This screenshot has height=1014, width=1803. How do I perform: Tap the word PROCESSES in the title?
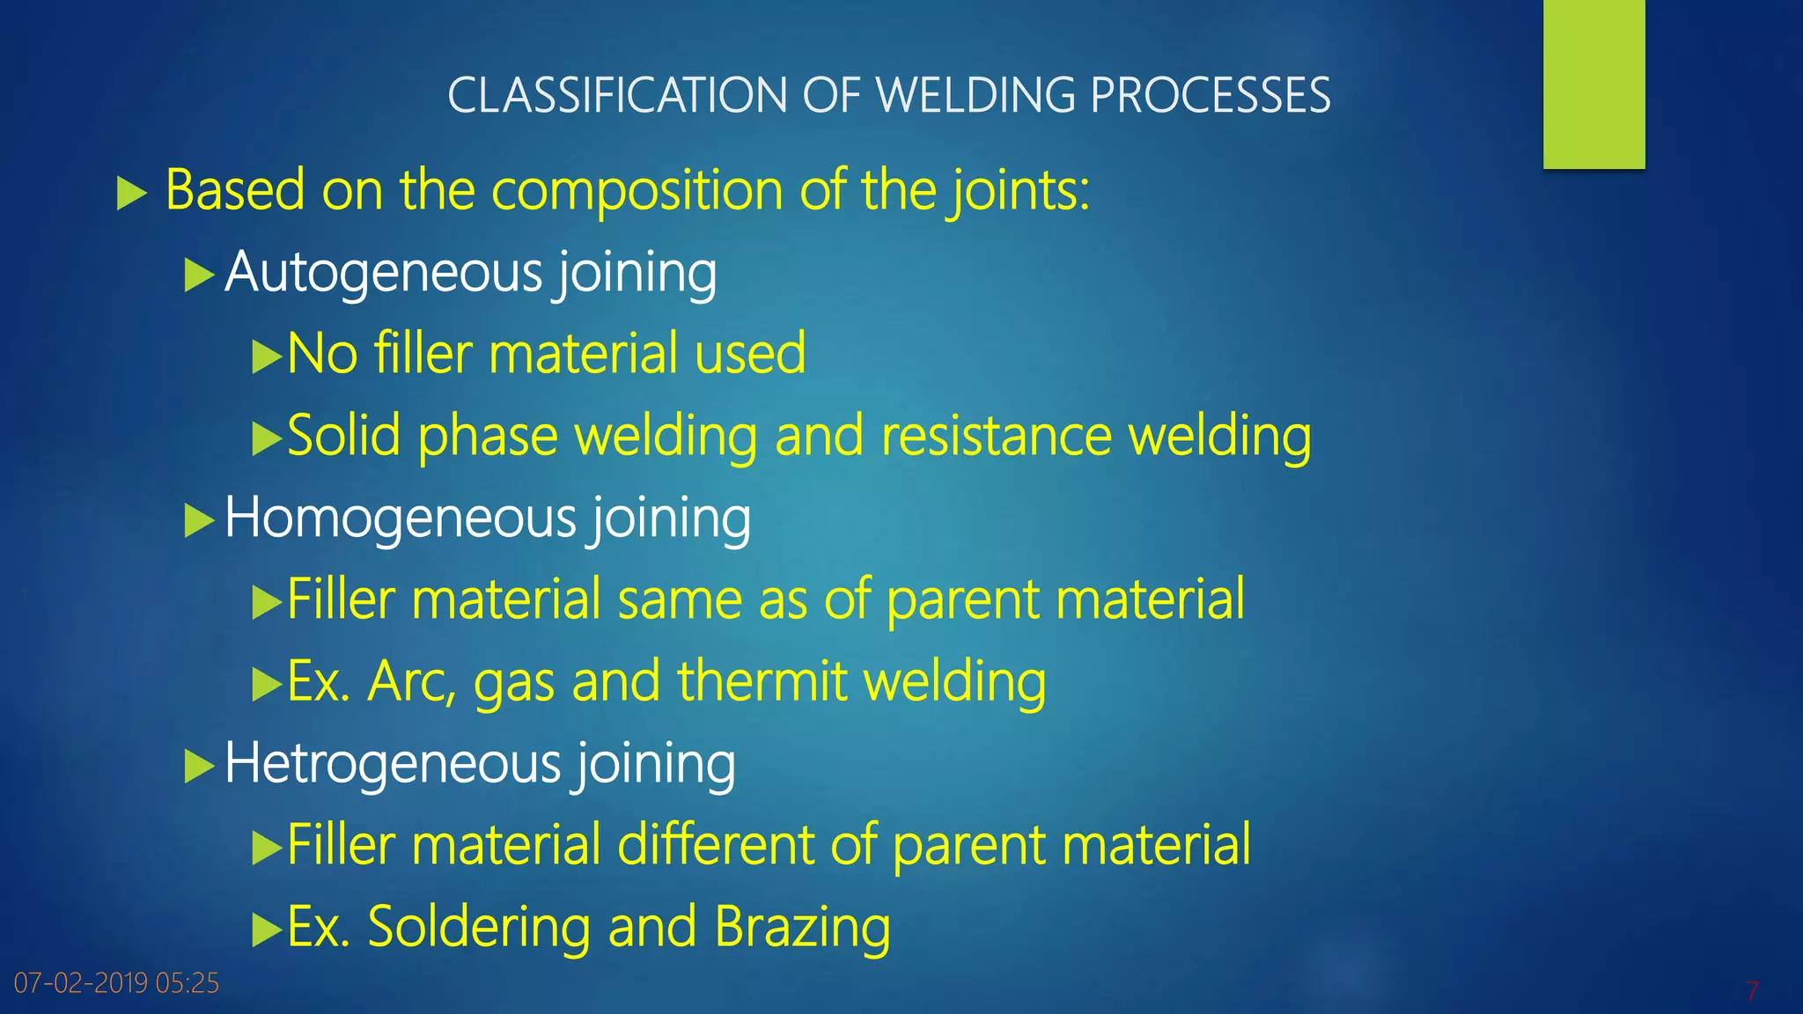point(1211,95)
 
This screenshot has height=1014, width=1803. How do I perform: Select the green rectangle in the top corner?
point(1593,84)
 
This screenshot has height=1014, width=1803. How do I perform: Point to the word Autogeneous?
point(383,273)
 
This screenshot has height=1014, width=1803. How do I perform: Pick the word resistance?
point(997,436)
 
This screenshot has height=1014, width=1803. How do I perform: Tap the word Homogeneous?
point(400,518)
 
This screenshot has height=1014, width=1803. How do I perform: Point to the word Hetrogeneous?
point(392,763)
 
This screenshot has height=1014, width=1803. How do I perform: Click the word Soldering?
point(478,927)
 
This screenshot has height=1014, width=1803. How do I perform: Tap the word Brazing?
point(802,927)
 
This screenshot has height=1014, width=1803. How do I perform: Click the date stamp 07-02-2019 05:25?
point(116,983)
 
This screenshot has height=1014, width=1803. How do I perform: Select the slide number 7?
point(1752,991)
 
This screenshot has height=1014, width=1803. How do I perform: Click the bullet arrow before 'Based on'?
point(131,193)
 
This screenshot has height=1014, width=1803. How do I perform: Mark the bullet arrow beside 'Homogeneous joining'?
point(199,521)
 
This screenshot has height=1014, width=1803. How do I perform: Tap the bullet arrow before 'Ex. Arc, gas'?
point(266,684)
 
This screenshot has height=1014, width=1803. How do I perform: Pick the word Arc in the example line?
point(411,681)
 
